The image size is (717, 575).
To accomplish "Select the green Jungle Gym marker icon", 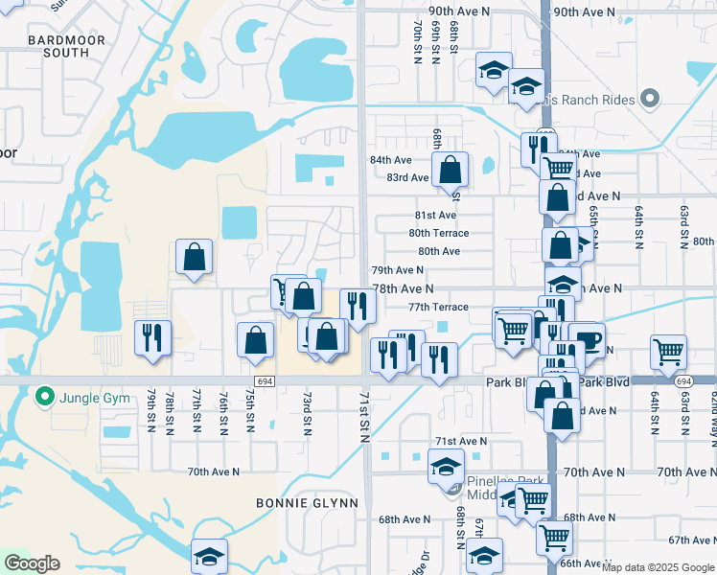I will pos(44,396).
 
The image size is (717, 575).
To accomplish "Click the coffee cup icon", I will pos(586,338).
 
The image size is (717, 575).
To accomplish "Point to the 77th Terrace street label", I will pos(438,308).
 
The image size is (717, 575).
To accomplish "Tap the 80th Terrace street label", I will pos(439,233).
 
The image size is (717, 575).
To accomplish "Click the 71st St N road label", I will pos(365,416).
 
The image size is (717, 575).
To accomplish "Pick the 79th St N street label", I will pos(151,409).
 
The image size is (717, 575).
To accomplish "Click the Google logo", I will pos(32,563).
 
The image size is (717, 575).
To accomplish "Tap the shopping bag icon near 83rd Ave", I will pos(450,171).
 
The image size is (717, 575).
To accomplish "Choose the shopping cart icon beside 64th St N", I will pos(667,351).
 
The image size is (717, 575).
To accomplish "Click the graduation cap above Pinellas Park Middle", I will pos(446,466).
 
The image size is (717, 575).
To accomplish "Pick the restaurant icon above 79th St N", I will pos(152,336).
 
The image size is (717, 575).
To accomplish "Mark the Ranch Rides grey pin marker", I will pos(649,99).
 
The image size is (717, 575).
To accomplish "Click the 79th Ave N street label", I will pos(398,271).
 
